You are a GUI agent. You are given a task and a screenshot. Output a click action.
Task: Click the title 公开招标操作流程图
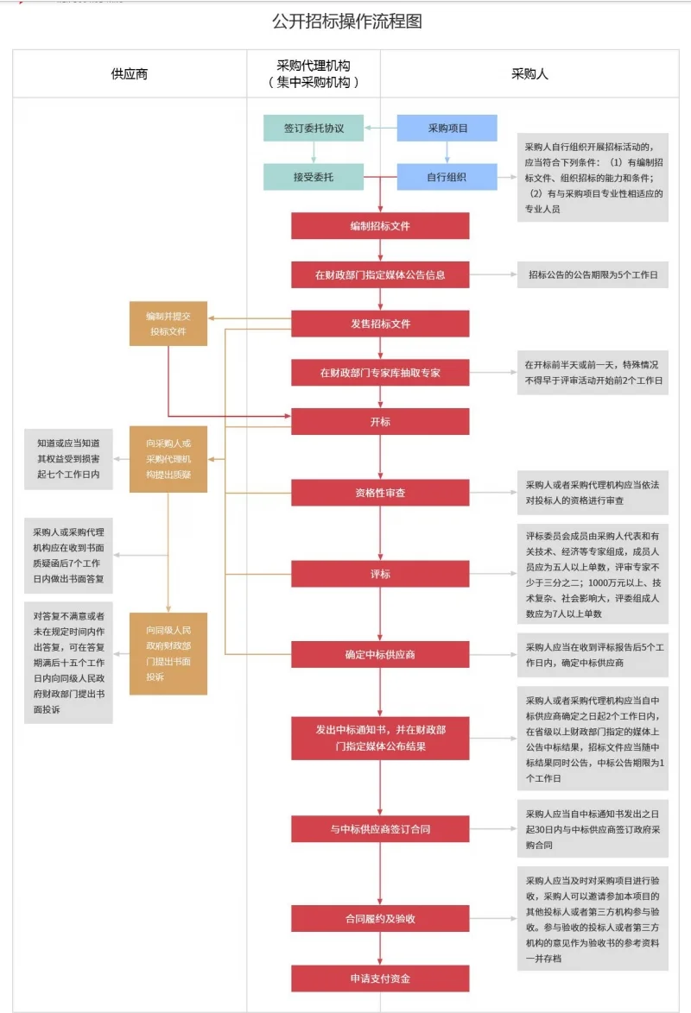coord(346,22)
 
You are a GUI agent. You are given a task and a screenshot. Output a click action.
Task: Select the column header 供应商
coord(130,73)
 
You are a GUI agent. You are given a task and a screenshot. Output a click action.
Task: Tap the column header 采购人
coord(529,73)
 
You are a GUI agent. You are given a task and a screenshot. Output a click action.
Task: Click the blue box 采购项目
coord(447,128)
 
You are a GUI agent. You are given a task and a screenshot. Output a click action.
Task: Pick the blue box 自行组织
coord(447,177)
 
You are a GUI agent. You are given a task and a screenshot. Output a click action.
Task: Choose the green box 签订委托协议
coord(314,128)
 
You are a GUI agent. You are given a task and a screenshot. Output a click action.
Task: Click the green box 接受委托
coord(314,177)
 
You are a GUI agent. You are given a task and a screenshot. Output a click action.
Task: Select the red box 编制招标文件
coord(380,226)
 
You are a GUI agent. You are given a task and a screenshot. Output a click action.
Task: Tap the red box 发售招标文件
coord(380,324)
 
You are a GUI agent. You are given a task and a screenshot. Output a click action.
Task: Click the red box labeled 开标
coord(380,422)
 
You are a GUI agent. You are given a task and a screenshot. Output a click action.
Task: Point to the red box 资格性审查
coord(380,493)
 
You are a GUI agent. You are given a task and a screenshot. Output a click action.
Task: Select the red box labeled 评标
coord(380,573)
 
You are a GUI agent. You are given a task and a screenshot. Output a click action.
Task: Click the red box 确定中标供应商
coord(380,654)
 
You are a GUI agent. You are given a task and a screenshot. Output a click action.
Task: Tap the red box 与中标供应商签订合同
coord(380,829)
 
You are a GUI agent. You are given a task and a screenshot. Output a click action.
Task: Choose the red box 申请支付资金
coord(380,978)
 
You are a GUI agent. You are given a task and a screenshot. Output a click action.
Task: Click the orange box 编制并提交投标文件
coord(168,324)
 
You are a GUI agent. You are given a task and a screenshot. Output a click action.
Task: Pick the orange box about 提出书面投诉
coord(168,653)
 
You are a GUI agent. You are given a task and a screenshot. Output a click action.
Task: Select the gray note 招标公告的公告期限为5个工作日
coord(593,275)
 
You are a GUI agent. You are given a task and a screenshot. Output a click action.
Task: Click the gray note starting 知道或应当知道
coord(68,459)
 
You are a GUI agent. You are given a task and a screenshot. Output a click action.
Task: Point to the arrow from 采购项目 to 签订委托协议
coord(380,128)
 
